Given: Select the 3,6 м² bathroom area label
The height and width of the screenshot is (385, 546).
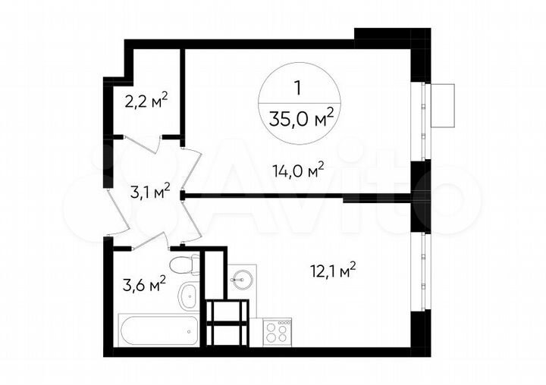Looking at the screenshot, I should point(144,284).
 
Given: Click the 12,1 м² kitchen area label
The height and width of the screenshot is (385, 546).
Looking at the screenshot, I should point(334,269).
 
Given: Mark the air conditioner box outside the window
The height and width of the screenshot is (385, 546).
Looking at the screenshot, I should point(442,105).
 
